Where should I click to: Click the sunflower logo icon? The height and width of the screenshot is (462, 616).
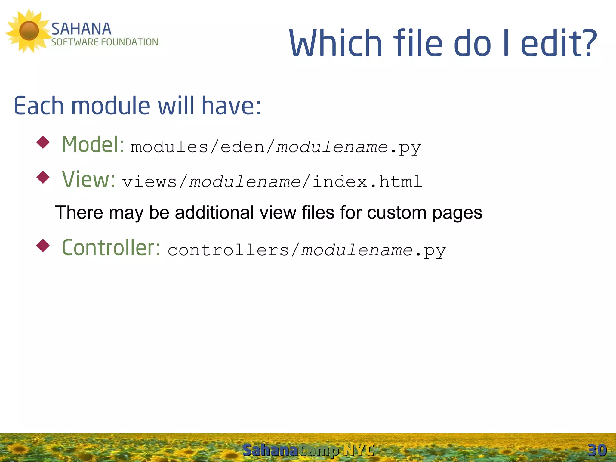point(29,31)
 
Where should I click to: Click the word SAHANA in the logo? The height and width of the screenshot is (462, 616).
point(81,29)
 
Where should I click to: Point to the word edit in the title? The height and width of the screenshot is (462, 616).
point(549,43)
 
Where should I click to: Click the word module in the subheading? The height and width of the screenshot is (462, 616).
point(111,106)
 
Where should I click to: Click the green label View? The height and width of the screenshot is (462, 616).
point(88,179)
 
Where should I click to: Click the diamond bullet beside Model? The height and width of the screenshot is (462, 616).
point(43,142)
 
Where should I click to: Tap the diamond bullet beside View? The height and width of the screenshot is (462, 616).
point(43,177)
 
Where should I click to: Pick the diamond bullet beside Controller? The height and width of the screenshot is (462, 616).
point(43,246)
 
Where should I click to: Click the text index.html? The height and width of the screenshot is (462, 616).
point(367,182)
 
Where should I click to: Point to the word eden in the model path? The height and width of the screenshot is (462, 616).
point(242,147)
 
